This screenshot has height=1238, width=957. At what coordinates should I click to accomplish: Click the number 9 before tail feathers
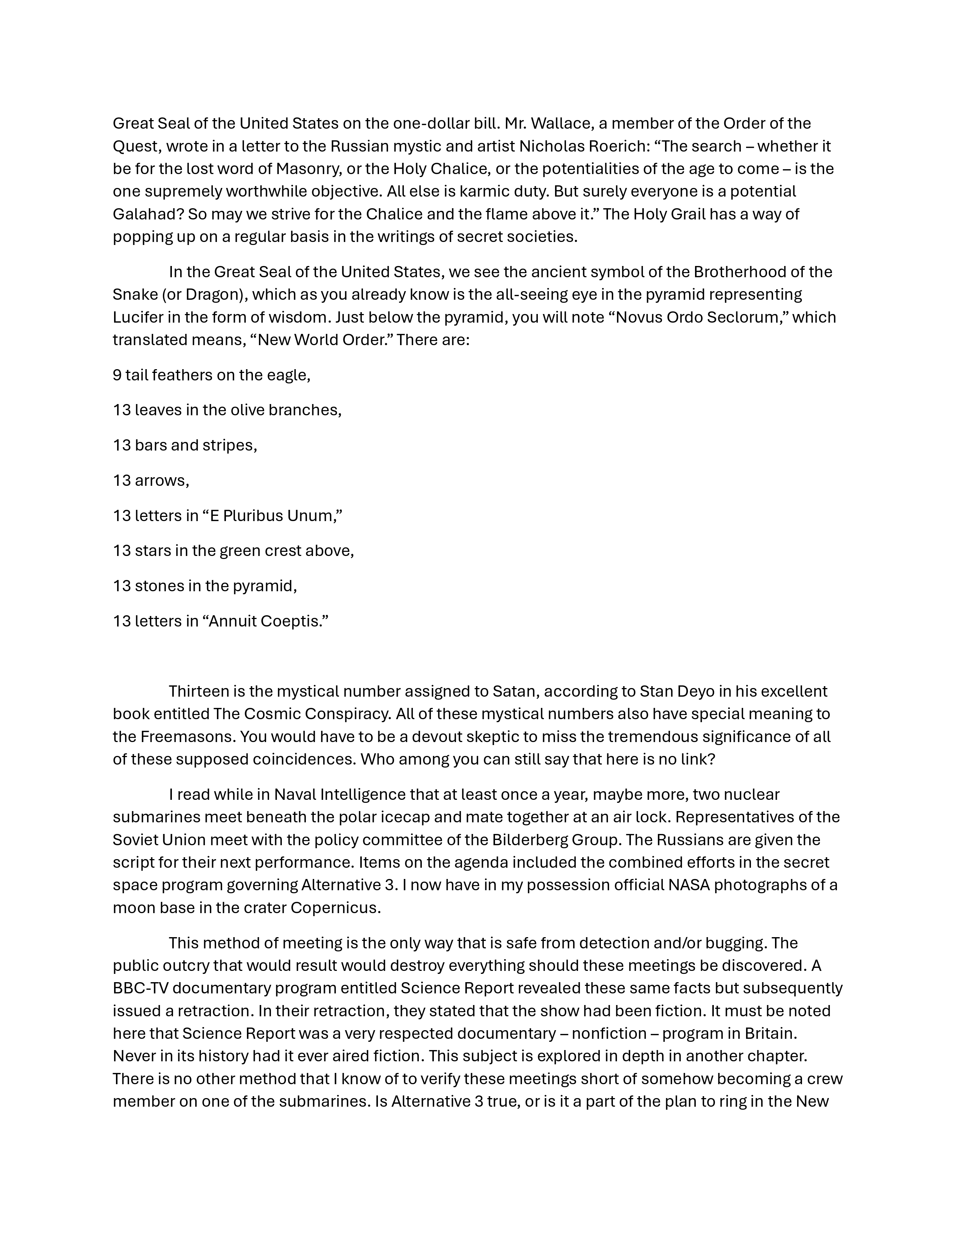(x=117, y=375)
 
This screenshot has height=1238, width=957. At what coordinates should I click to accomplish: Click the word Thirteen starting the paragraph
(x=200, y=691)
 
